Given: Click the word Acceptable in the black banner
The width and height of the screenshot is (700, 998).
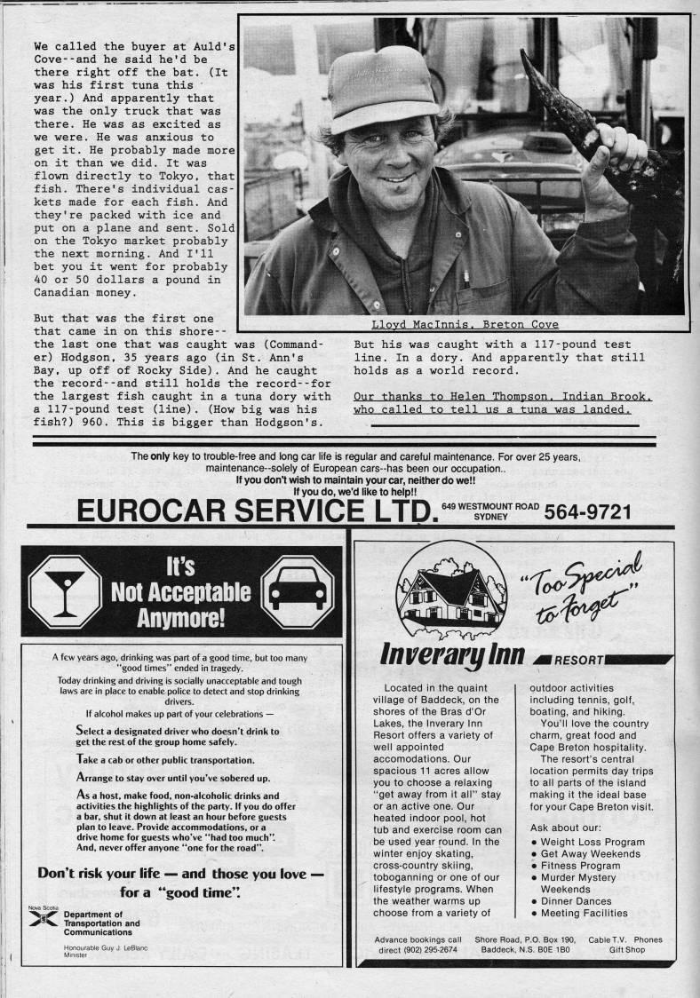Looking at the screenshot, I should pyautogui.click(x=181, y=592).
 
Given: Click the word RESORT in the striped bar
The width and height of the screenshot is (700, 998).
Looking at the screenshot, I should pyautogui.click(x=583, y=661).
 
